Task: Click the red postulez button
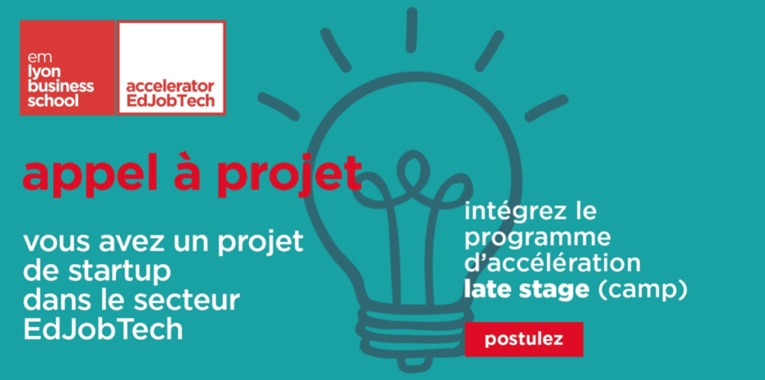click(524, 339)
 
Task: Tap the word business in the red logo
click(61, 87)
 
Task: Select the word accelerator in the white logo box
click(170, 87)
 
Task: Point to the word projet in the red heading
click(289, 175)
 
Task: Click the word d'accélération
click(552, 264)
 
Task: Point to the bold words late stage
click(527, 290)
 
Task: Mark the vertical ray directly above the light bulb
click(412, 30)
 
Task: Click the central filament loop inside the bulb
click(413, 167)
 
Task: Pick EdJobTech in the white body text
click(103, 329)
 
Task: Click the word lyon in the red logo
click(44, 73)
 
